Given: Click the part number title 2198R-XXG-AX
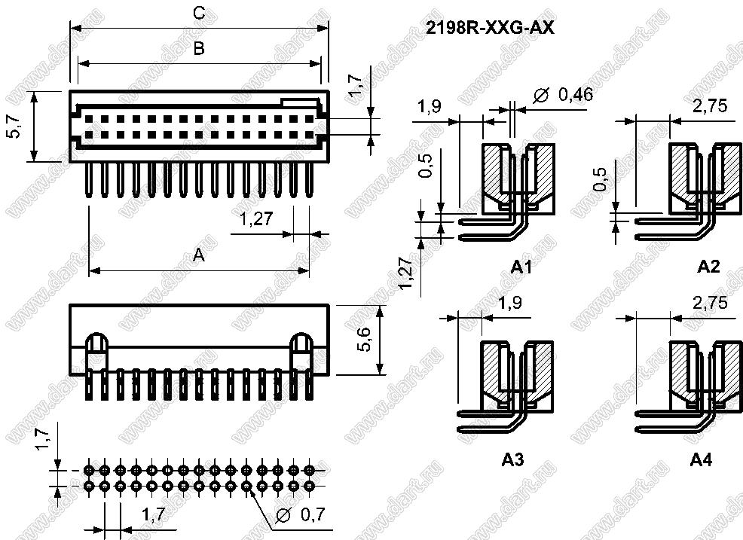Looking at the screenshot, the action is coord(490,29).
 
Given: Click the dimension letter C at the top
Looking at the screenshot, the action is coord(200,13).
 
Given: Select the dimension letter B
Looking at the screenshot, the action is coord(200,48).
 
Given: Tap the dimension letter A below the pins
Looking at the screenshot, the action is coord(199,255).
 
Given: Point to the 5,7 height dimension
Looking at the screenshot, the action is coord(14,126).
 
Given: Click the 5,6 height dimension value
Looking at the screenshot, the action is coord(365,340).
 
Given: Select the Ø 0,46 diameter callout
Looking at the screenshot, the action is coord(562,96).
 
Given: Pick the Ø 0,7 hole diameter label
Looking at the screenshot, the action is coord(300,514).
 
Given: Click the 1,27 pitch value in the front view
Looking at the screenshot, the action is coord(256,219).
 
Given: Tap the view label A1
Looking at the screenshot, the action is coord(521,267).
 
